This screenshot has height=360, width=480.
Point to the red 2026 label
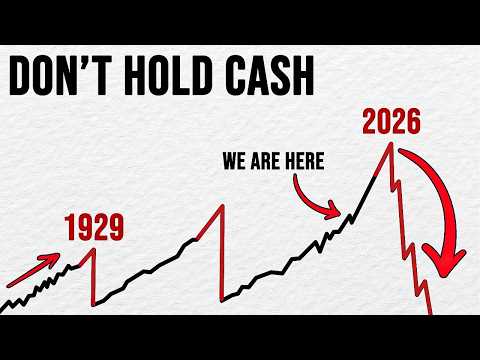coord(386,124)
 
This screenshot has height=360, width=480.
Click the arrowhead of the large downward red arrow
coord(446,271)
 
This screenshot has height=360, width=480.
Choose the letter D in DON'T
coord(28,75)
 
